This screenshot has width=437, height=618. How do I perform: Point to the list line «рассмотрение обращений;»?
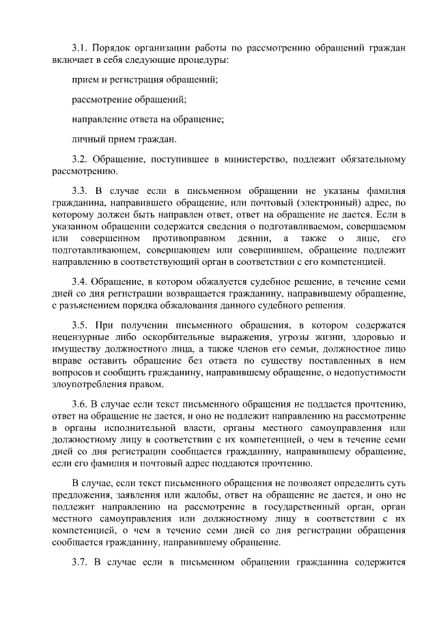(x=129, y=100)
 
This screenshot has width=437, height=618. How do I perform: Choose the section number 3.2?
(x=81, y=160)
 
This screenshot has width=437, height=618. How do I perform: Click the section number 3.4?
(x=81, y=279)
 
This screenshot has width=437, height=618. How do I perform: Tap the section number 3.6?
(x=81, y=403)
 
